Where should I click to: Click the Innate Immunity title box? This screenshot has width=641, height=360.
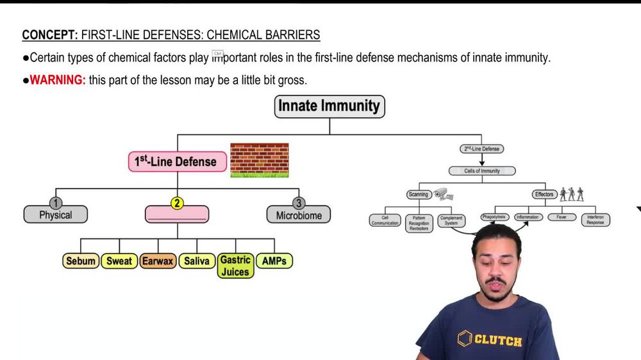coord(329,106)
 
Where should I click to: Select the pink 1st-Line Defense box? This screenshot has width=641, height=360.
coord(178,161)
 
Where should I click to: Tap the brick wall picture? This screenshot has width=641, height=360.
coord(259,160)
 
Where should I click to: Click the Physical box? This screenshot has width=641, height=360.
coord(56,215)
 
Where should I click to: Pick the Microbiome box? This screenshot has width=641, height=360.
coord(299,216)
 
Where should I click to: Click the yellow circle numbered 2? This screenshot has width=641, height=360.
coord(177,203)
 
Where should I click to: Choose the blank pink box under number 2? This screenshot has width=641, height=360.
coord(177,215)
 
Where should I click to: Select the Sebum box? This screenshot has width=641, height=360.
coord(81,261)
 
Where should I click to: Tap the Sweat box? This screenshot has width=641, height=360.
coord(119,261)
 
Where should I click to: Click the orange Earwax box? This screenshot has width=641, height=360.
coord(158,261)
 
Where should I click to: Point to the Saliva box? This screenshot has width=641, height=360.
coord(197,261)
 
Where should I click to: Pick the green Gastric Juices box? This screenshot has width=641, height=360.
coord(235,265)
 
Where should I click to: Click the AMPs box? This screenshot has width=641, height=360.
coord(274,261)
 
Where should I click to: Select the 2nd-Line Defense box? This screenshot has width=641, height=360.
coord(481,149)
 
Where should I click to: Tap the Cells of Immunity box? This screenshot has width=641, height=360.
coord(481,171)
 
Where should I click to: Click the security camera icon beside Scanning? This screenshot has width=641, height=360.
coord(443,193)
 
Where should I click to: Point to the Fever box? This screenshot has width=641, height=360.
coord(562,217)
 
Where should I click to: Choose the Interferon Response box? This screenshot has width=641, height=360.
coord(595,220)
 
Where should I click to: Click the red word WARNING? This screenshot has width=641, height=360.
coord(58,80)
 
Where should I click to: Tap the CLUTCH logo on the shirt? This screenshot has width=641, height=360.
coord(490,340)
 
